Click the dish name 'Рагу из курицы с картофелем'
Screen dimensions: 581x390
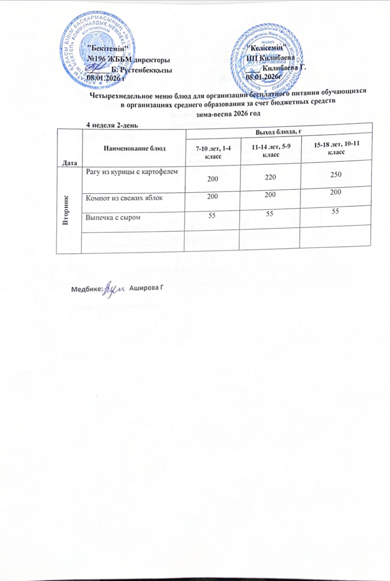click(x=132, y=172)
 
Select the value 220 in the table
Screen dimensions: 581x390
click(x=270, y=177)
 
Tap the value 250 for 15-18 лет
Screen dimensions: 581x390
click(x=335, y=175)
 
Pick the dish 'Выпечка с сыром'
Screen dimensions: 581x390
click(x=113, y=217)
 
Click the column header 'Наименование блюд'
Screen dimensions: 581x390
click(x=135, y=148)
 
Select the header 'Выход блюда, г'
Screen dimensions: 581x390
click(x=278, y=131)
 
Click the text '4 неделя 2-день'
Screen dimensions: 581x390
click(x=111, y=125)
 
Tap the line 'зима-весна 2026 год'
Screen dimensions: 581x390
click(x=228, y=113)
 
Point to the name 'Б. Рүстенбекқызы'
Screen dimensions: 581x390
click(x=142, y=70)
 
